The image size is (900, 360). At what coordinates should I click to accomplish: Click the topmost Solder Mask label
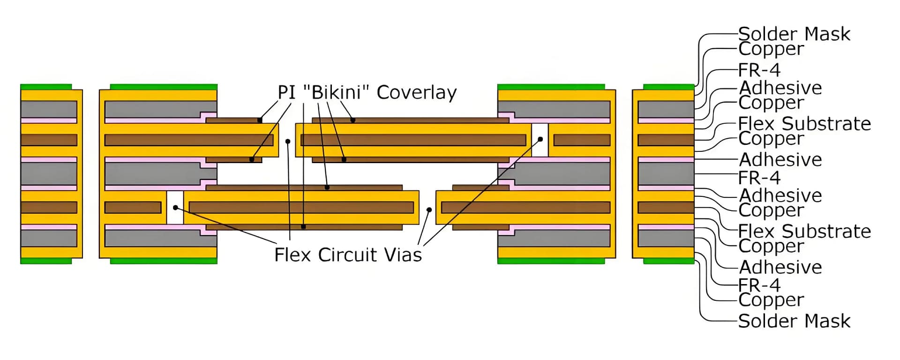(x=794, y=34)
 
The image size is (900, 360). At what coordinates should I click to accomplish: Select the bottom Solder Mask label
(x=794, y=321)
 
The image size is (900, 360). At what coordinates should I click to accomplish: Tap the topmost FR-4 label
(x=759, y=70)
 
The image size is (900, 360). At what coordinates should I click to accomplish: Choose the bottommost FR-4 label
(x=759, y=285)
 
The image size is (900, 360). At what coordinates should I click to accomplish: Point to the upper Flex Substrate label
(x=804, y=124)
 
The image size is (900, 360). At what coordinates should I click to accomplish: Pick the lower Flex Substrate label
(x=804, y=231)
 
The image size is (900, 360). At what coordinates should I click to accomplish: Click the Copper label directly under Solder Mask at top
(x=771, y=49)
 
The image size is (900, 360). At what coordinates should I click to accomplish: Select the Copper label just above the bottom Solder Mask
(x=771, y=300)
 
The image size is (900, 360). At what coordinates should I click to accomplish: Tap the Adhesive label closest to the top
(x=780, y=88)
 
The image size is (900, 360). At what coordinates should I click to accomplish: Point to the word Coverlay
(x=416, y=93)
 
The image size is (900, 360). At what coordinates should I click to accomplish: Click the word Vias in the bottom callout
(x=403, y=255)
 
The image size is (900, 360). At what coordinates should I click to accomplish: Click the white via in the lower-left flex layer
(x=175, y=207)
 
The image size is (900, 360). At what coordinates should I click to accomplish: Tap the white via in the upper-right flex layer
(x=540, y=140)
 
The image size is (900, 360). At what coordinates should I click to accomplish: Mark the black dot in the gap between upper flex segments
(x=288, y=141)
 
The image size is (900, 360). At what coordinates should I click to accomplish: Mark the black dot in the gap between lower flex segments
(x=429, y=210)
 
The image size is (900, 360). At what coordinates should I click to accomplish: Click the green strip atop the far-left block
(x=46, y=87)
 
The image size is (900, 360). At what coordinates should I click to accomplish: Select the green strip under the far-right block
(x=668, y=261)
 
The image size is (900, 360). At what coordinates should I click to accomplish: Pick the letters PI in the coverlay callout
(x=286, y=92)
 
